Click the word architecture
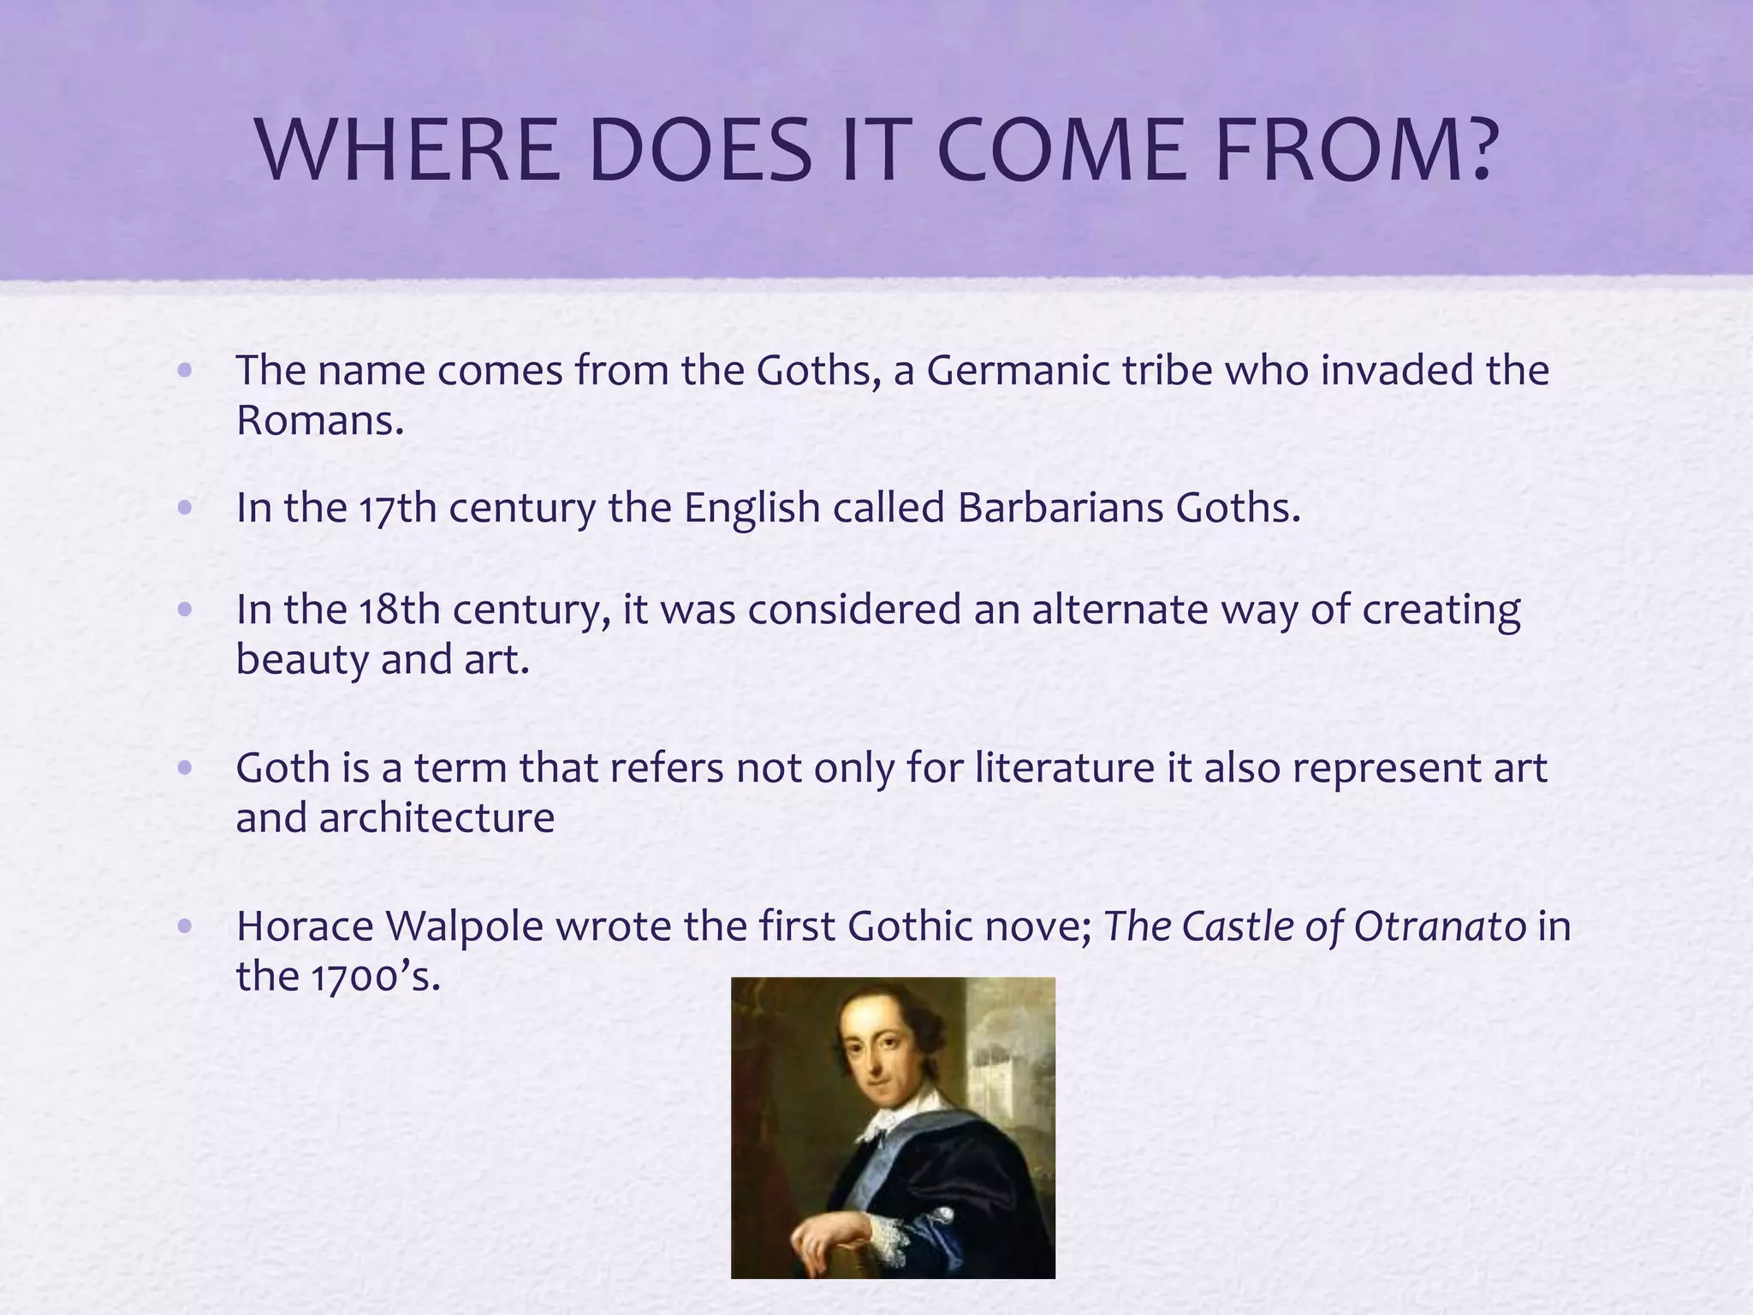pos(437,818)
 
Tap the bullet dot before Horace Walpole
pos(184,927)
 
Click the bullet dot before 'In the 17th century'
pos(184,509)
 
